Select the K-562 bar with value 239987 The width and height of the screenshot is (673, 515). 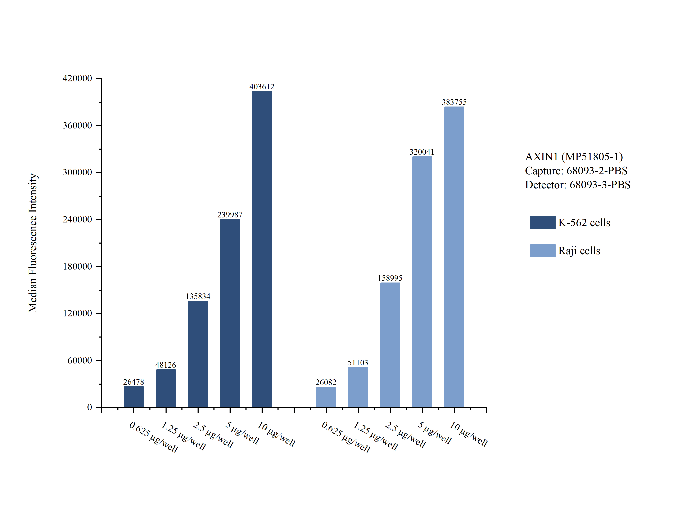click(230, 313)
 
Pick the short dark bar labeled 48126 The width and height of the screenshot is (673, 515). click(166, 388)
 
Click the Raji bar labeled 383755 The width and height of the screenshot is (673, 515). click(454, 257)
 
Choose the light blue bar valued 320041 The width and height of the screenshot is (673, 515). click(422, 282)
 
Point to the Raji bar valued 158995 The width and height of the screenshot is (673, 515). click(390, 345)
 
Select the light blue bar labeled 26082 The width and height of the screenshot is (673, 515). click(326, 397)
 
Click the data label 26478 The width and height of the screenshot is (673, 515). click(134, 382)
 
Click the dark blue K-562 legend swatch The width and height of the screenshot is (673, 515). click(542, 223)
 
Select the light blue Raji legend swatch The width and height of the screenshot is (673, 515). click(542, 250)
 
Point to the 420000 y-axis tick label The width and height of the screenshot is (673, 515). click(77, 78)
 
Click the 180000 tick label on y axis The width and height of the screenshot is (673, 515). click(77, 266)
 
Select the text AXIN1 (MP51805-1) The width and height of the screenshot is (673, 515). click(574, 157)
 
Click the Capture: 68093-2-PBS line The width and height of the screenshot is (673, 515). click(576, 170)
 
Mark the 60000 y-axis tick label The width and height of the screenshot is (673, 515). click(80, 360)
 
